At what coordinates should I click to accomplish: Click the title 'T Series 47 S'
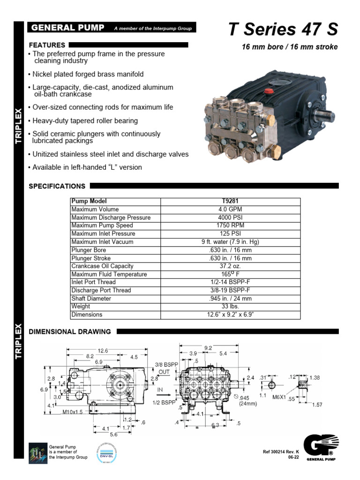(x=283, y=30)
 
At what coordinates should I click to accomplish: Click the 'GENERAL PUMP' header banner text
(x=67, y=28)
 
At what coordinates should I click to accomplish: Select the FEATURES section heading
(x=47, y=45)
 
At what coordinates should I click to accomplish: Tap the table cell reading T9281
(x=231, y=201)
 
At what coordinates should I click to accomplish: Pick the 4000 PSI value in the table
(x=231, y=217)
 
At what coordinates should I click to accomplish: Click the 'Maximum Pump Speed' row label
(x=102, y=225)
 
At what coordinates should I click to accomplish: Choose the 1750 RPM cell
(x=231, y=225)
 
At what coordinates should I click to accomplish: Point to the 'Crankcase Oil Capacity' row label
(x=102, y=266)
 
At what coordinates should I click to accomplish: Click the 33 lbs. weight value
(x=231, y=307)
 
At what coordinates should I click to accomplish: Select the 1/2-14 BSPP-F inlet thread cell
(x=231, y=282)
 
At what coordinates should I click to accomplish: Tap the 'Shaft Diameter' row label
(x=91, y=299)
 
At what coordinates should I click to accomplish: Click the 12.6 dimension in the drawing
(x=102, y=351)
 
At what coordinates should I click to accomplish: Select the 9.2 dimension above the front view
(x=208, y=348)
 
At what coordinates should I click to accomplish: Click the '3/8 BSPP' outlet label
(x=164, y=364)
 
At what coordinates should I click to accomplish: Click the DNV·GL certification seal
(x=106, y=452)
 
